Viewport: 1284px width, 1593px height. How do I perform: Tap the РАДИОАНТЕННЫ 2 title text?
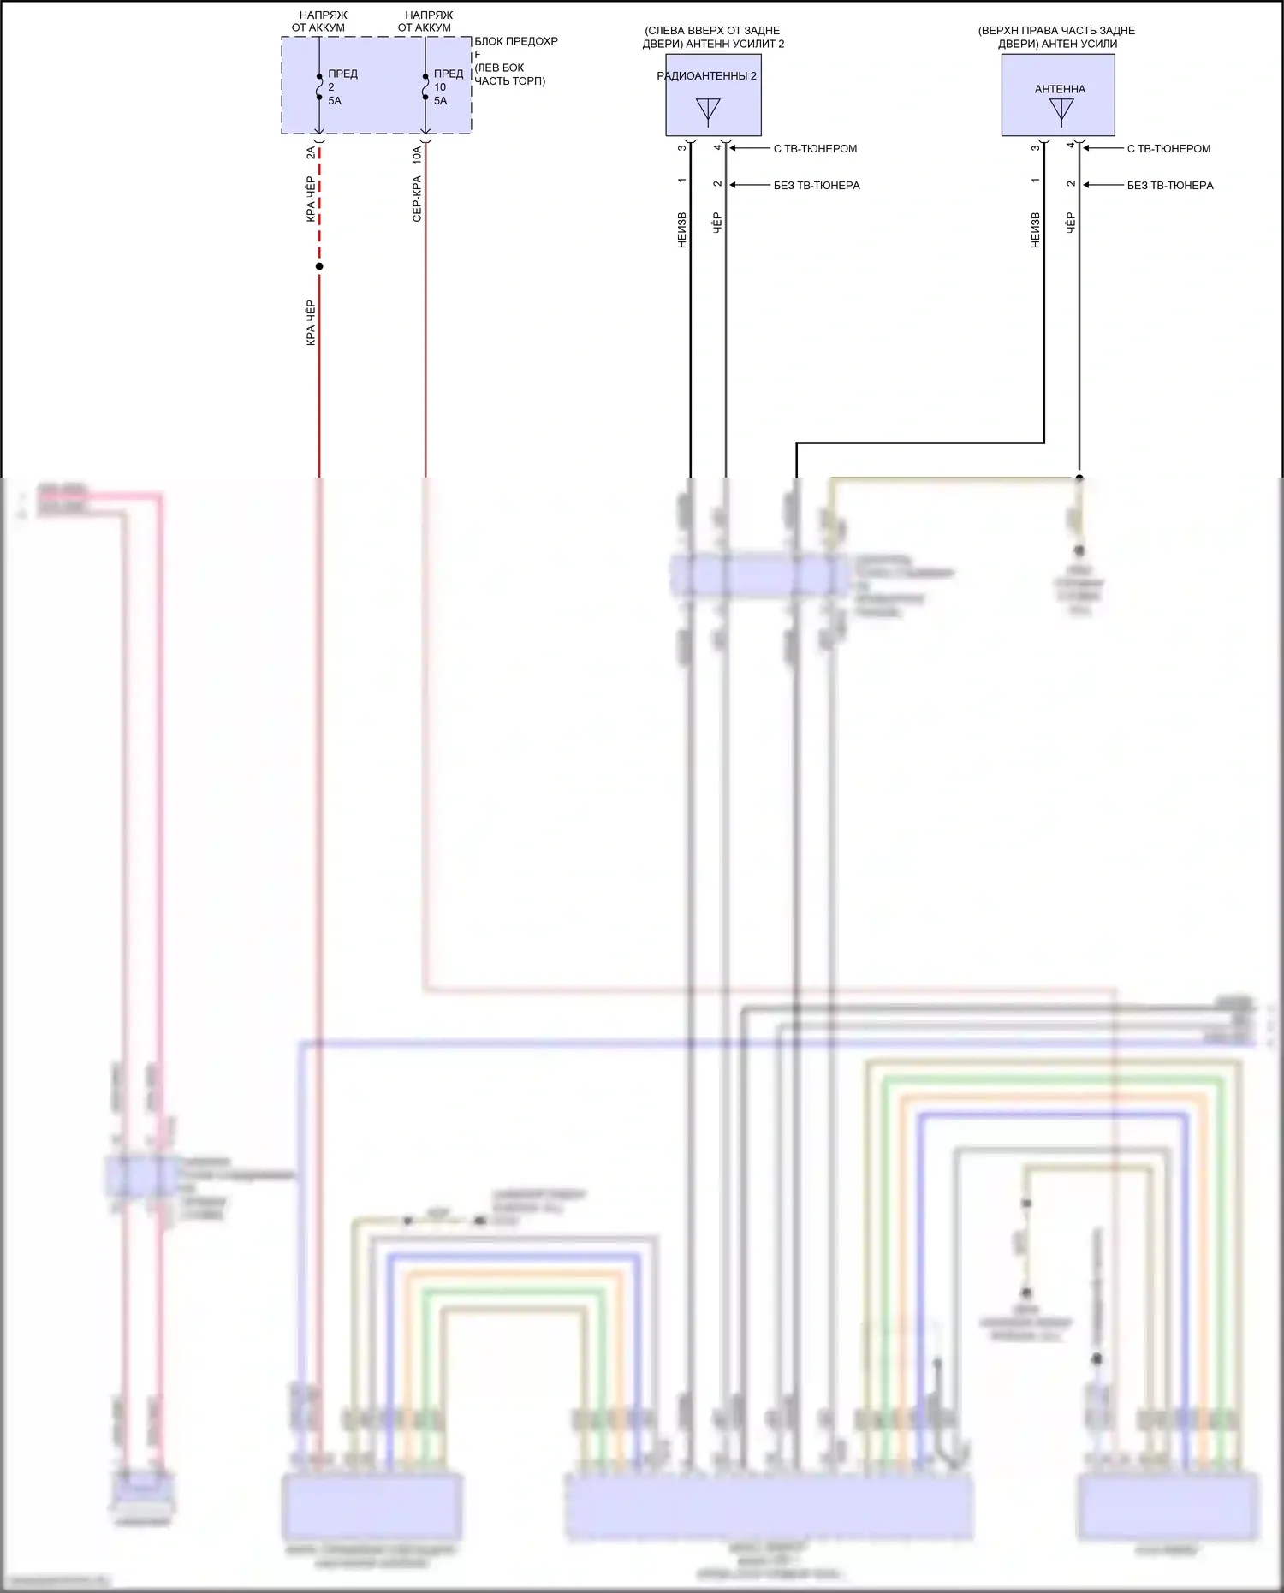click(706, 76)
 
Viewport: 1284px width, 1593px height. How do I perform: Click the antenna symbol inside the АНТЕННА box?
click(1061, 111)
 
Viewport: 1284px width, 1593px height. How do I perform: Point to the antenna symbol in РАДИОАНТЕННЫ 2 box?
click(708, 111)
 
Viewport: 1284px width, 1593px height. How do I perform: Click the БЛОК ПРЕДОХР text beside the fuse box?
click(516, 41)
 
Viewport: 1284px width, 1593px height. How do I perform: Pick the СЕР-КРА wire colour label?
click(417, 199)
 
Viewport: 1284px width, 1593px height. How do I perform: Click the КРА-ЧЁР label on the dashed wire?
click(311, 199)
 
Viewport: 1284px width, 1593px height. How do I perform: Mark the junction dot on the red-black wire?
click(319, 266)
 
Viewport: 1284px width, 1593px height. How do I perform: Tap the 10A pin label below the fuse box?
click(417, 155)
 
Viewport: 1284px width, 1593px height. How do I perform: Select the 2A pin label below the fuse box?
click(311, 153)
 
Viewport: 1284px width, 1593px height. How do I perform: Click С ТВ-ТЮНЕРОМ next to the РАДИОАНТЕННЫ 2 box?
click(815, 149)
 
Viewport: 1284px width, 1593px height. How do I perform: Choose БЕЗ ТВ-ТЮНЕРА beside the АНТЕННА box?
click(1169, 186)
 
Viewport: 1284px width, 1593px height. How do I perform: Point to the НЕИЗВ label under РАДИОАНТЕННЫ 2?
click(682, 230)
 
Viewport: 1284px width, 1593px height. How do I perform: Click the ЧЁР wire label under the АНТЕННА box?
click(1070, 223)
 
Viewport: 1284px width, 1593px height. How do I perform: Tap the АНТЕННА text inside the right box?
click(1060, 89)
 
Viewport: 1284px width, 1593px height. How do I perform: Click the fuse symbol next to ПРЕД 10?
click(425, 87)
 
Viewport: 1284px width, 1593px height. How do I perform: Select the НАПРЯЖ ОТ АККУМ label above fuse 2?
click(318, 21)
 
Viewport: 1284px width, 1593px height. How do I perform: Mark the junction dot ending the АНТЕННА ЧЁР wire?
click(1079, 478)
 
